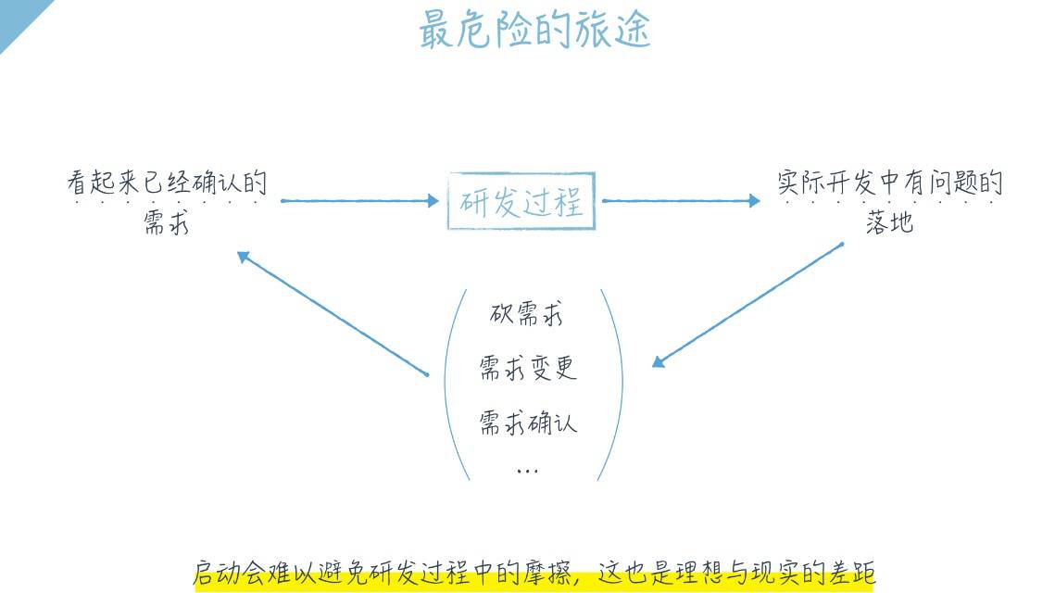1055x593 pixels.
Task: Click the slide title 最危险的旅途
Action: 534,30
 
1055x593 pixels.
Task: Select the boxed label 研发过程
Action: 521,201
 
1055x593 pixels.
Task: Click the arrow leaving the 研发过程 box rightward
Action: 681,200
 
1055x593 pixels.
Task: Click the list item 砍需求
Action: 526,314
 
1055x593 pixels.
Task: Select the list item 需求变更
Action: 527,368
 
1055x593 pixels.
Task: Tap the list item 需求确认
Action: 527,423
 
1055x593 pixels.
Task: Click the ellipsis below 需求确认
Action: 527,471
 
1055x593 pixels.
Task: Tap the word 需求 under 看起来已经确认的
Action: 167,222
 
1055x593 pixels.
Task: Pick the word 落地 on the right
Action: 889,222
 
